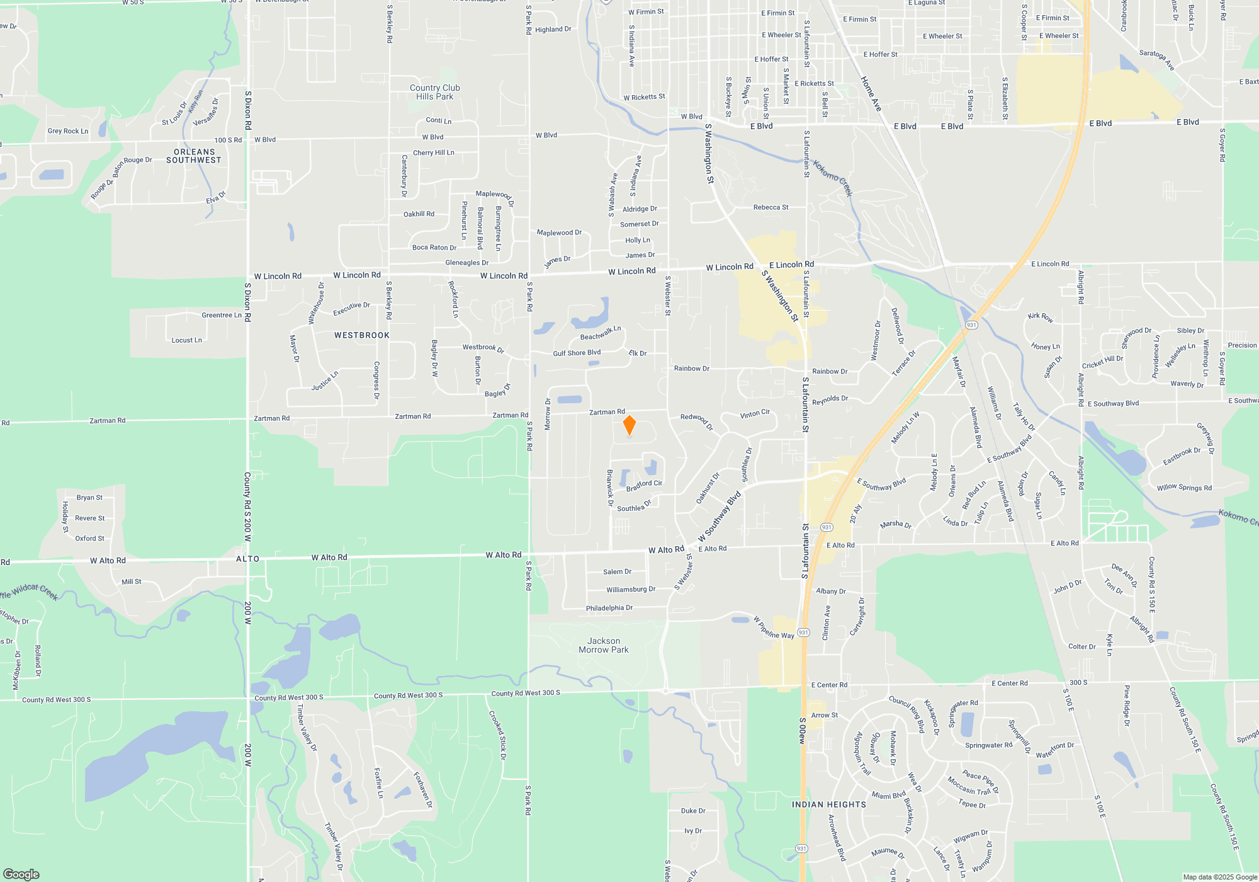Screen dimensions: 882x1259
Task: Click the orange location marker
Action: [629, 425]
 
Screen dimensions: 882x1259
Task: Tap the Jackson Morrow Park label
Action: [604, 645]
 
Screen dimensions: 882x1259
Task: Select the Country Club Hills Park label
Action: [434, 92]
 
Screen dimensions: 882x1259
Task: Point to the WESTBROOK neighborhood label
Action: [362, 335]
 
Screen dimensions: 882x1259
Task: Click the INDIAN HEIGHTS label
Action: [828, 805]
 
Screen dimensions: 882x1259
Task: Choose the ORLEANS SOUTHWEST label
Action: [194, 156]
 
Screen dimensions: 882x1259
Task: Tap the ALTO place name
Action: [247, 559]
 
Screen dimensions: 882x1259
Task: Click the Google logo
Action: [21, 874]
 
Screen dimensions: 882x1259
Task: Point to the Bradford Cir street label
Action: [644, 486]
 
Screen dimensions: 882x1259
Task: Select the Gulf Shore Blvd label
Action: [577, 353]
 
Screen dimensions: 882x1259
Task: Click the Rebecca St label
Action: [771, 207]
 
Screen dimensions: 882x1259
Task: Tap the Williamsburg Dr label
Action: [631, 590]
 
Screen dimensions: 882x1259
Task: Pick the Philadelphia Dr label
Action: [609, 608]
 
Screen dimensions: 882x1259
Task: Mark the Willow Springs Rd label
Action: [1184, 488]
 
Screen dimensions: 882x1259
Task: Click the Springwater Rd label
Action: [988, 745]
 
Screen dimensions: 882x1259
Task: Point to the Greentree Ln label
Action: [222, 315]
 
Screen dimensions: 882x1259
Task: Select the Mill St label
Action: [132, 581]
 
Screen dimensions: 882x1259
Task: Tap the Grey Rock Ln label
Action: [67, 131]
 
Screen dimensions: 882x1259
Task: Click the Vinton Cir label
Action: [755, 414]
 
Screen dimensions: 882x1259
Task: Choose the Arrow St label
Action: [824, 715]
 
